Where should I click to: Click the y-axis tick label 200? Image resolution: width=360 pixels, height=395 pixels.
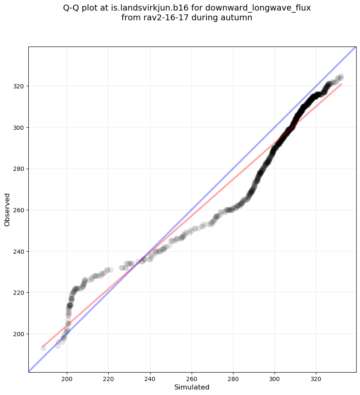[x=19, y=334]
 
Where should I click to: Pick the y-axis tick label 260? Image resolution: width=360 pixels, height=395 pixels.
[x=19, y=210]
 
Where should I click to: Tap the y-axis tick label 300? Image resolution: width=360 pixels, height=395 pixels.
[x=19, y=128]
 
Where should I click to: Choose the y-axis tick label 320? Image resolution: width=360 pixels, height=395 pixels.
[x=19, y=86]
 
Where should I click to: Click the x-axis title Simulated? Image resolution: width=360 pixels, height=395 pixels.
[x=192, y=387]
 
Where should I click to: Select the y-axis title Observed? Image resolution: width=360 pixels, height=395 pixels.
[x=7, y=209]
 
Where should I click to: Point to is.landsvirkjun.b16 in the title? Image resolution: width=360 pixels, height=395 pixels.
[x=140, y=8]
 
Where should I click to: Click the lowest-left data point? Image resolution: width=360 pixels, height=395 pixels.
[x=43, y=348]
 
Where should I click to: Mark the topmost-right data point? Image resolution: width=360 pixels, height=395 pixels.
[x=341, y=77]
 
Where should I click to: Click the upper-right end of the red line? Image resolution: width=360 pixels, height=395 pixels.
[x=341, y=84]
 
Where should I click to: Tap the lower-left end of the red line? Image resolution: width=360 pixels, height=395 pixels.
[x=43, y=346]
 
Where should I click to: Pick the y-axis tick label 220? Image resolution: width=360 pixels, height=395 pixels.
[x=19, y=293]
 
